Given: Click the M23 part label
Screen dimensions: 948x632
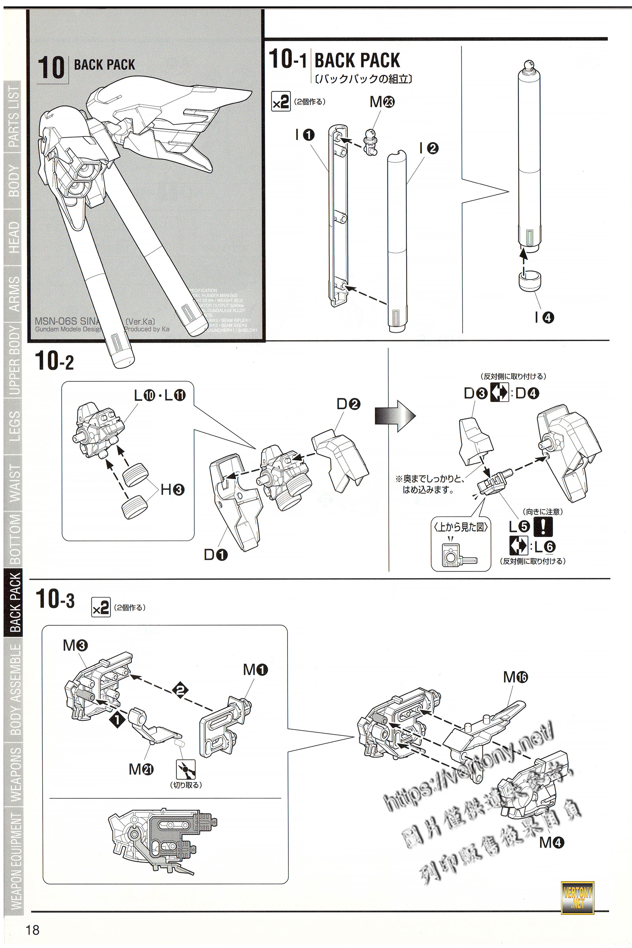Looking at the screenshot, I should click(x=382, y=102).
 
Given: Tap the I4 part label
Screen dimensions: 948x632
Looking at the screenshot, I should click(x=544, y=318).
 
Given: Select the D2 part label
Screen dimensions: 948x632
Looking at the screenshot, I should click(x=348, y=404).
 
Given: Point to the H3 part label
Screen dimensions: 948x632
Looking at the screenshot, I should click(x=173, y=490).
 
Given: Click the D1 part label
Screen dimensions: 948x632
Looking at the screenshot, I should click(x=216, y=555).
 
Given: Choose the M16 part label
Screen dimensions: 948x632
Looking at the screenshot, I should click(x=515, y=677).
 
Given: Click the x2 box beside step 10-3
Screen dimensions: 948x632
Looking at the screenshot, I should click(x=101, y=607).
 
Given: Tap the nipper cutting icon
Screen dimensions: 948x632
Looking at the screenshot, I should click(x=186, y=769).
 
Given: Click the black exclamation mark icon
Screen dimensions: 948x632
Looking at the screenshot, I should click(x=543, y=527).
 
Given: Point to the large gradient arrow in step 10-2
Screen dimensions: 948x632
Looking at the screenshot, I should click(x=395, y=416).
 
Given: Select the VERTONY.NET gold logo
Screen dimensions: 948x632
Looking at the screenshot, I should click(x=577, y=897).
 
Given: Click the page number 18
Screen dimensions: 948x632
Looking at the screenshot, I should click(x=33, y=929).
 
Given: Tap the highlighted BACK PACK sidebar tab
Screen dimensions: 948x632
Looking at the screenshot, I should click(x=15, y=603).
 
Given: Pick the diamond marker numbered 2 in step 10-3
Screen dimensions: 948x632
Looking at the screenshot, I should click(x=180, y=690).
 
